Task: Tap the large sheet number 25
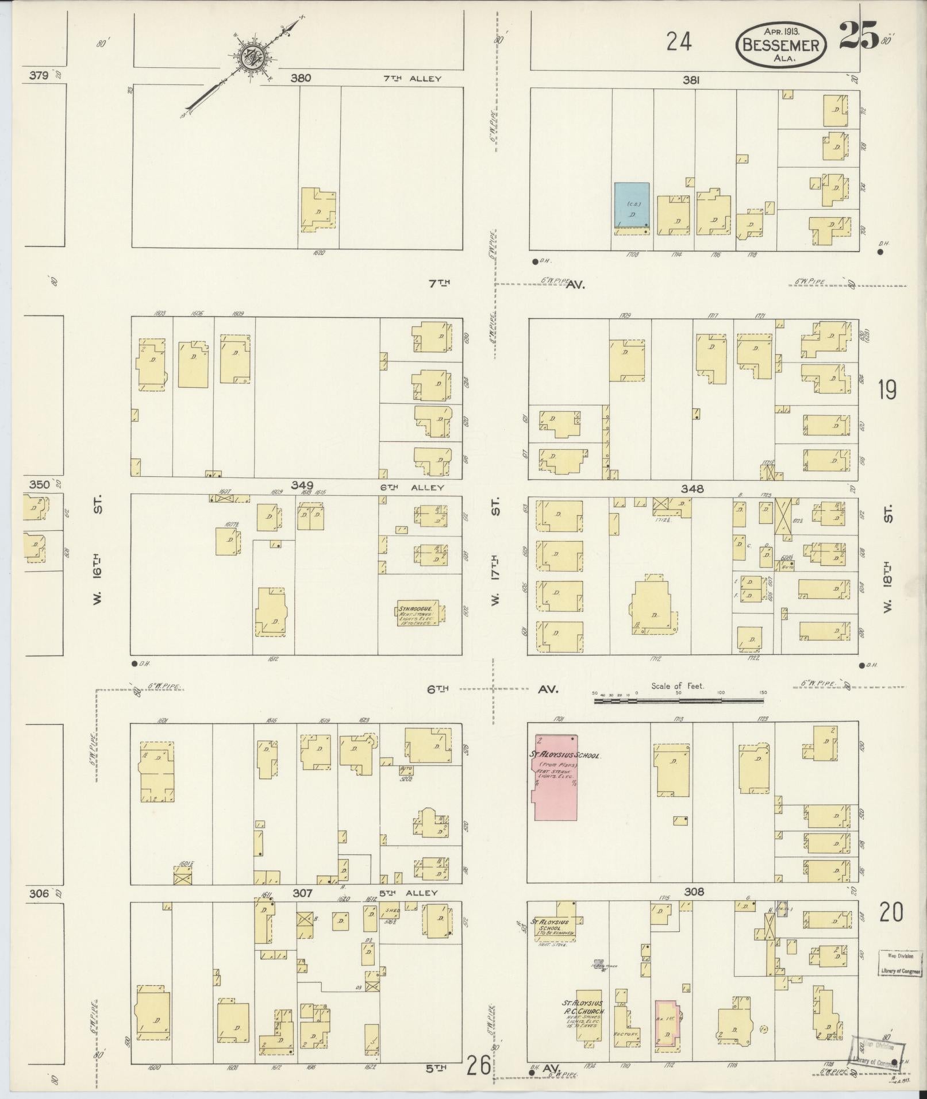click(859, 36)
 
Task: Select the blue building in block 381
click(632, 205)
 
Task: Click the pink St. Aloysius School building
click(556, 777)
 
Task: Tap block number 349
click(302, 486)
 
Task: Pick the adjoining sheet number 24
click(679, 42)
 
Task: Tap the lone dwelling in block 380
click(317, 210)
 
